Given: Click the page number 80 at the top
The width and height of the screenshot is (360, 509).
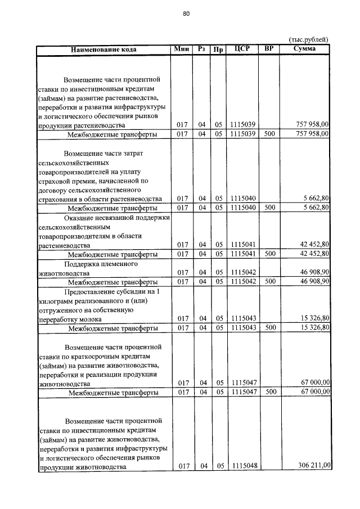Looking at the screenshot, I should pyautogui.click(x=186, y=13).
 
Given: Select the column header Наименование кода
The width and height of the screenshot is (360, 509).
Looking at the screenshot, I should pyautogui.click(x=104, y=49).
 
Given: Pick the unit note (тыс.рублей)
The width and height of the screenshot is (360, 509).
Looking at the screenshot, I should pyautogui.click(x=308, y=39).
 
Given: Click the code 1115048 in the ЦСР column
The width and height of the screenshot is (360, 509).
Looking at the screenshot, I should pyautogui.click(x=242, y=466).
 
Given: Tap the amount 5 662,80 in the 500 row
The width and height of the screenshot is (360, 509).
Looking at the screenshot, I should pyautogui.click(x=316, y=208).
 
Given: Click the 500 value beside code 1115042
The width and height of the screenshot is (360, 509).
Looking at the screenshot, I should pyautogui.click(x=269, y=281).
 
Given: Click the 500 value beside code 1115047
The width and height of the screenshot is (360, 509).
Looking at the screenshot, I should pyautogui.click(x=269, y=392).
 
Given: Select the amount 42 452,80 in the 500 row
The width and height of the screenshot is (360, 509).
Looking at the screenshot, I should pyautogui.click(x=314, y=254).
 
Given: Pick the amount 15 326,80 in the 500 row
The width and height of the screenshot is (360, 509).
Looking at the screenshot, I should pyautogui.click(x=314, y=328).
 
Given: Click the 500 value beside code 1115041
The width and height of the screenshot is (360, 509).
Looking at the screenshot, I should pyautogui.click(x=269, y=254).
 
